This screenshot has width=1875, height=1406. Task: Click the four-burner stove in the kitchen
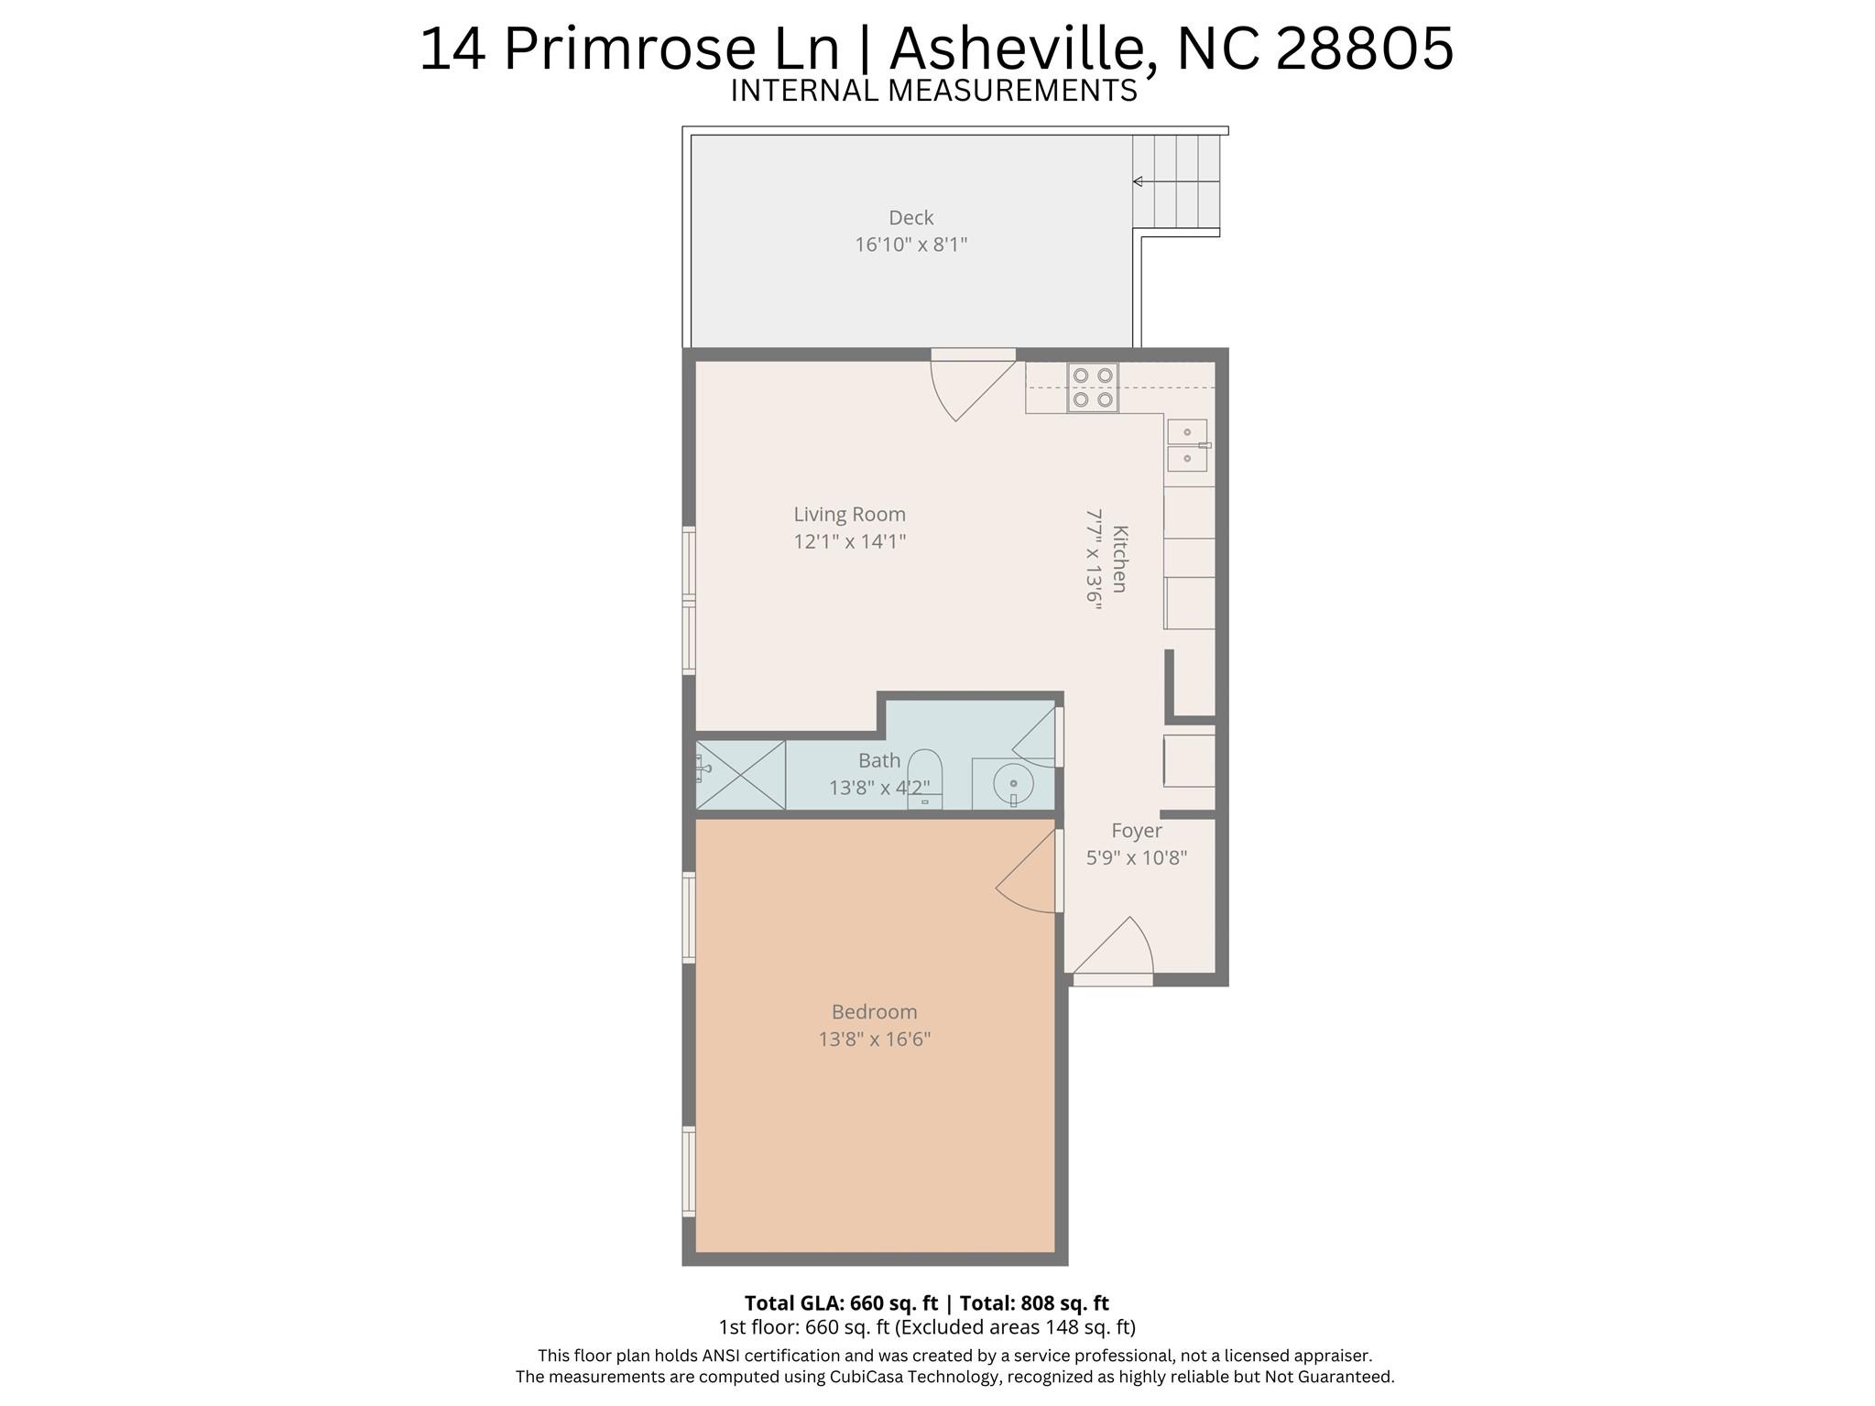pos(1092,387)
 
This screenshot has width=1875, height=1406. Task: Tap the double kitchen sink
pos(1187,445)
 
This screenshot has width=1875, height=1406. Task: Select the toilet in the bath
pos(924,779)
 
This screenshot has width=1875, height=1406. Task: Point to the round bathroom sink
pos(1013,784)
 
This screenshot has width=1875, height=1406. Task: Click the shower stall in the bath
pos(740,775)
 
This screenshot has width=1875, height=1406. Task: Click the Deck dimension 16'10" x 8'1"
pos(910,245)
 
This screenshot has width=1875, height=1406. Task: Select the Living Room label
pos(849,515)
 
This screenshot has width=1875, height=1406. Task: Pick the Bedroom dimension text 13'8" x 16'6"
pos(875,1039)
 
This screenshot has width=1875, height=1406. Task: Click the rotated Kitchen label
pos(1119,559)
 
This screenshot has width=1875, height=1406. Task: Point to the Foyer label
pos(1137,831)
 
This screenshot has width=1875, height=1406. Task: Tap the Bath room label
pos(879,760)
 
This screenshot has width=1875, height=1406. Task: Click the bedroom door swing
pos(1027,871)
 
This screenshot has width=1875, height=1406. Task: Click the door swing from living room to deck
pos(972,390)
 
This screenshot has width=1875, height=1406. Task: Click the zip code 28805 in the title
pos(1364,49)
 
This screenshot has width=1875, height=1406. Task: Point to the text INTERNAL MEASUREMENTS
pos(933,91)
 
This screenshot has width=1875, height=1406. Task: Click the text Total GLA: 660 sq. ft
pos(841,1302)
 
